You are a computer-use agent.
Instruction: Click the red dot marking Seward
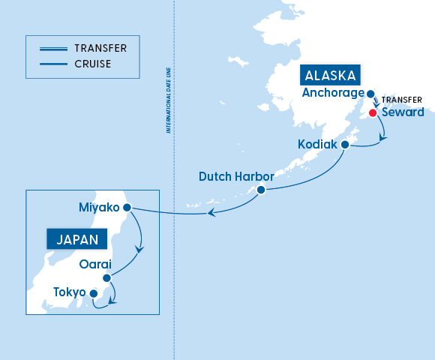click(373, 113)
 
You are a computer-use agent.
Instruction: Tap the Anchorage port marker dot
click(370, 94)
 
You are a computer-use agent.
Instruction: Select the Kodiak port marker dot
click(345, 144)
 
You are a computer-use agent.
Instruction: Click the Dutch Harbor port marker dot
click(261, 190)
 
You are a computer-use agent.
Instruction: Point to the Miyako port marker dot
click(127, 207)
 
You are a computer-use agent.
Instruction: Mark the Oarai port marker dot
click(106, 277)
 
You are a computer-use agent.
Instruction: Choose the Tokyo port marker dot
click(93, 293)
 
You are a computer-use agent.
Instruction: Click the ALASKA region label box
click(331, 76)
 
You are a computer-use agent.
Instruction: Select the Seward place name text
click(403, 113)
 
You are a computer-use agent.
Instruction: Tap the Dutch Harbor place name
click(236, 177)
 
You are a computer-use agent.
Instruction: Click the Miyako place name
click(99, 207)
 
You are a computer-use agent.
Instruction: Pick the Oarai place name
click(95, 265)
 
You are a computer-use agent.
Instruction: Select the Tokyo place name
click(69, 292)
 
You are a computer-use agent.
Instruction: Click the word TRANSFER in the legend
click(100, 48)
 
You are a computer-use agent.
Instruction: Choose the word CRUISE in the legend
click(92, 64)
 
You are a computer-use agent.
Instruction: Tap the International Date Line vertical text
click(169, 106)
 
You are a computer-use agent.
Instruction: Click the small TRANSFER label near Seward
click(403, 100)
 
